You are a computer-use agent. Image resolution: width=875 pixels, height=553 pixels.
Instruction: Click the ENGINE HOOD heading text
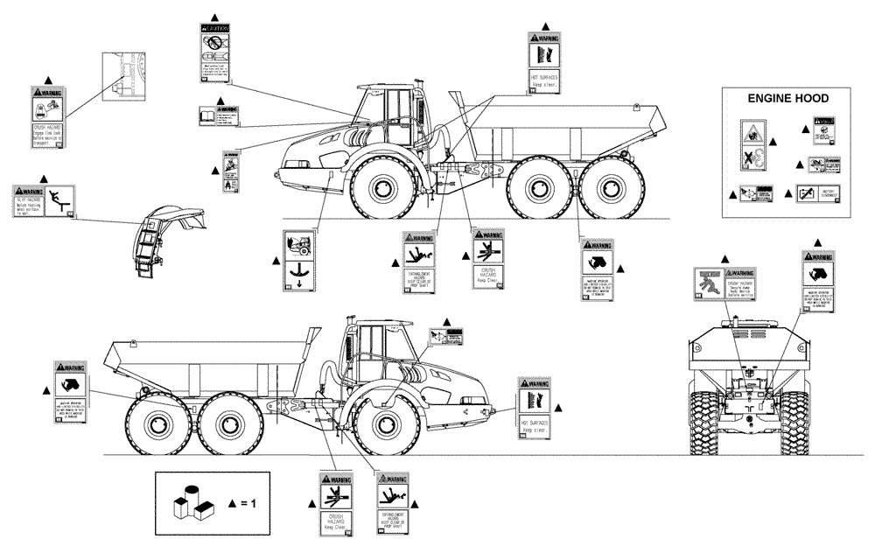787,99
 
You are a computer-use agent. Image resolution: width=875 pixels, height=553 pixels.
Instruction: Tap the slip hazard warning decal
45,203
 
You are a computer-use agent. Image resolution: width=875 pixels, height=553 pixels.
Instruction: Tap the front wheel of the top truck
384,188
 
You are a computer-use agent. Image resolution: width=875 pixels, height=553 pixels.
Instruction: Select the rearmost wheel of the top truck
601,188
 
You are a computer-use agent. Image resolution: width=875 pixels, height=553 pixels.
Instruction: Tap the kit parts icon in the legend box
192,503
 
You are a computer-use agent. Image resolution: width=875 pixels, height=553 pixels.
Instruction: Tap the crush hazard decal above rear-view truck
723,284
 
